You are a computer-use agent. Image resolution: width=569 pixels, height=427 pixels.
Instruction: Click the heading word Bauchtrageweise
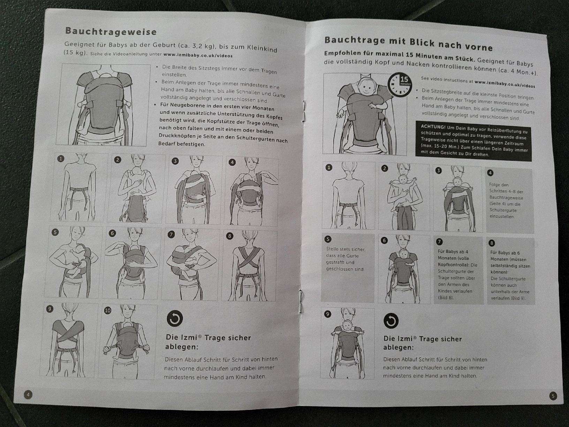[x=111, y=31]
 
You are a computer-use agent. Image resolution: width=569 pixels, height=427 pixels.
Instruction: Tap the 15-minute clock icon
[x=400, y=84]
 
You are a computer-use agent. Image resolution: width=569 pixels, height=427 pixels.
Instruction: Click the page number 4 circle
[x=28, y=395]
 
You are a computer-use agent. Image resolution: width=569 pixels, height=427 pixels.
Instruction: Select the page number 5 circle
[x=553, y=396]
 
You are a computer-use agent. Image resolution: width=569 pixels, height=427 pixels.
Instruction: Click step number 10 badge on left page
[x=108, y=310]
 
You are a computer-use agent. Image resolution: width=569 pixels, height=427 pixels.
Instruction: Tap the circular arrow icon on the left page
[x=175, y=318]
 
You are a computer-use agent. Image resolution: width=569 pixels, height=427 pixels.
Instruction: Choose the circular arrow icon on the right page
[x=391, y=321]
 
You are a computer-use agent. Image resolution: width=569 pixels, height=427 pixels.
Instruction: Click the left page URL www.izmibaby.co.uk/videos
[x=198, y=55]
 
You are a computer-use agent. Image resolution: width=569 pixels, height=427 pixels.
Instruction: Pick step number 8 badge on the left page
[x=229, y=236]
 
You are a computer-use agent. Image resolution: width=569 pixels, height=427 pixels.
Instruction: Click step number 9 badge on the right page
[x=328, y=314]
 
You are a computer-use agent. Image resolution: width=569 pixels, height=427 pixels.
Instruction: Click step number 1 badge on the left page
[x=61, y=159]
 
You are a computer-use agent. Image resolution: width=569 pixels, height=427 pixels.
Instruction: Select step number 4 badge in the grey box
[x=490, y=173]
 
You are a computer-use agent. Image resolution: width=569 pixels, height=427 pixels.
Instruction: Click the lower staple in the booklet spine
[x=301, y=300]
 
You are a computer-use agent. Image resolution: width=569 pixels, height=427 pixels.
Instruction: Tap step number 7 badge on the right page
[x=439, y=242]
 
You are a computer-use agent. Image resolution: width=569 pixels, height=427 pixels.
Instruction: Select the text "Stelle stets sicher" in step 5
[x=346, y=249]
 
